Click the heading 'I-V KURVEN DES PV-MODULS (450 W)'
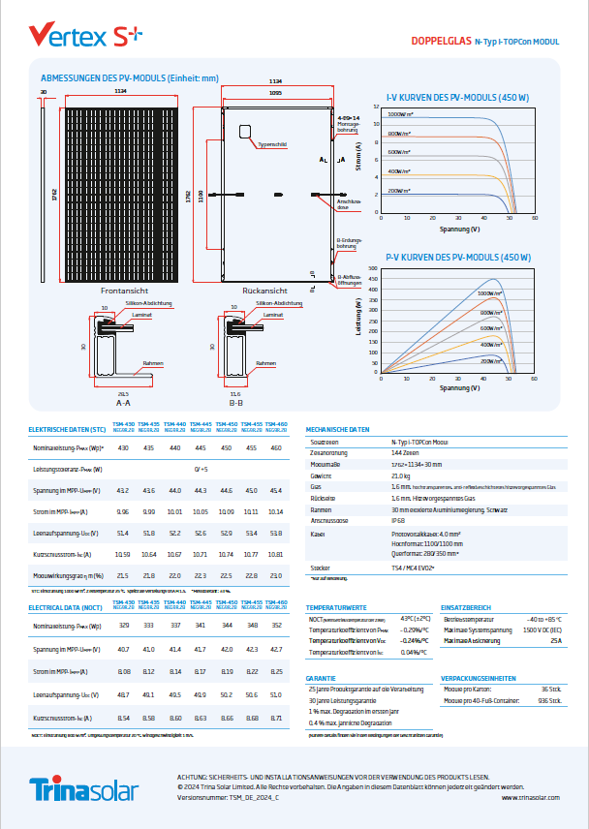pyautogui.click(x=457, y=97)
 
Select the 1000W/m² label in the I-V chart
pyautogui.click(x=399, y=114)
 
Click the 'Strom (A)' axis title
pyautogui.click(x=359, y=157)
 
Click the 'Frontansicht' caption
pyautogui.click(x=124, y=290)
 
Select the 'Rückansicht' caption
pyautogui.click(x=264, y=290)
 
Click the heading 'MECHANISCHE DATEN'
pyautogui.click(x=337, y=428)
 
